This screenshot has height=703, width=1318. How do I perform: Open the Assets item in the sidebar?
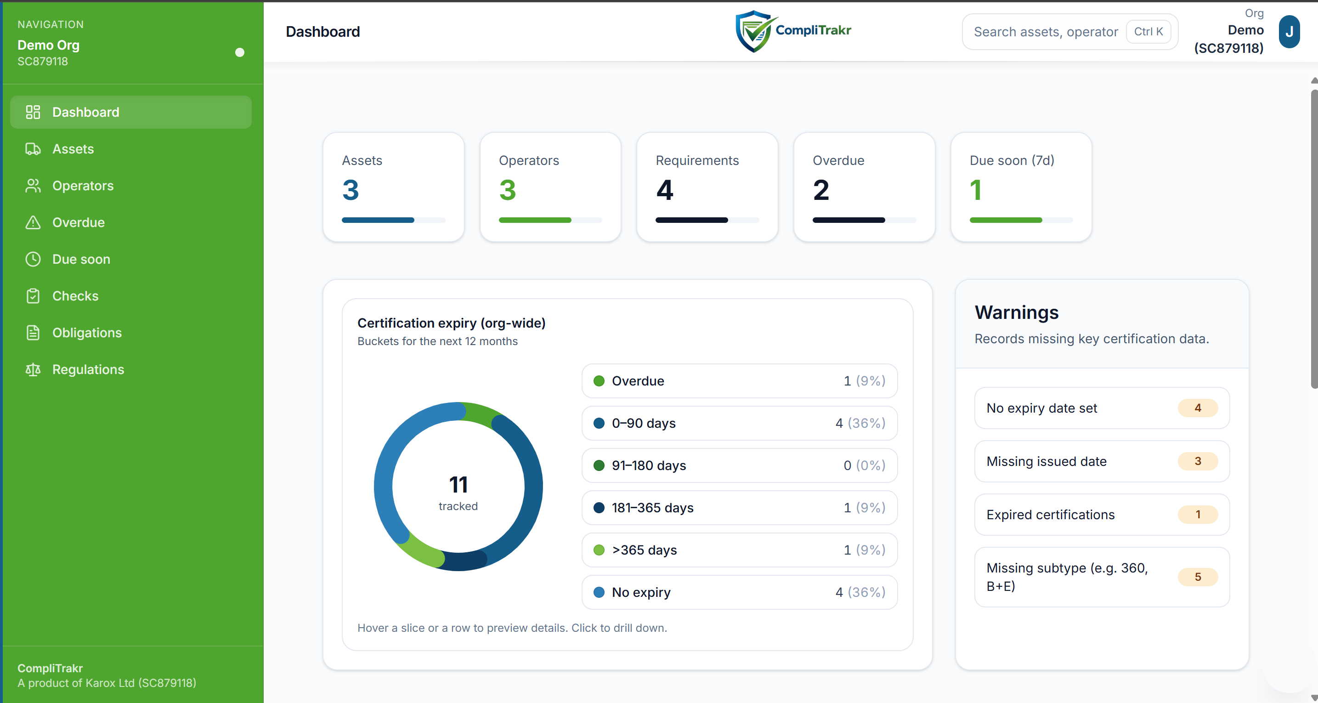[73, 149]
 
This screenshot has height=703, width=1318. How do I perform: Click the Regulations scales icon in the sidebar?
[33, 369]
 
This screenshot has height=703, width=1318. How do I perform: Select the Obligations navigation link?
[86, 333]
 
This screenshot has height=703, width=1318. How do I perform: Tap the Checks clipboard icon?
[33, 296]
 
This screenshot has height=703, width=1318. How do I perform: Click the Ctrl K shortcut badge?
[1148, 32]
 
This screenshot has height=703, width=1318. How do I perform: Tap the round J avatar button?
[1289, 32]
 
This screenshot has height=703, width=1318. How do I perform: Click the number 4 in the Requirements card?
[664, 190]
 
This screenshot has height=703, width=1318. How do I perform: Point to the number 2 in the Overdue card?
[820, 190]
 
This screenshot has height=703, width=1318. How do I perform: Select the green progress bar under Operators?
[535, 220]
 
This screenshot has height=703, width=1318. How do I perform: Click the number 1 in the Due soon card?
[975, 190]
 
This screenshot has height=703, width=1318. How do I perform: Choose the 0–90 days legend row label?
[643, 423]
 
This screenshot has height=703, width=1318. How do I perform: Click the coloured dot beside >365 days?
[599, 550]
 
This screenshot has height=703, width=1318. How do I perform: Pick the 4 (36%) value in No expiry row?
[860, 592]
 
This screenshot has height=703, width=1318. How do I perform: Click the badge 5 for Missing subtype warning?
[1197, 577]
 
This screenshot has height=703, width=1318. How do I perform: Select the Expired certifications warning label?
[1050, 515]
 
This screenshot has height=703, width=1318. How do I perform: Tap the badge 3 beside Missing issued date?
[1197, 461]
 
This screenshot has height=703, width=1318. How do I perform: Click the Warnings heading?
[1016, 312]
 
